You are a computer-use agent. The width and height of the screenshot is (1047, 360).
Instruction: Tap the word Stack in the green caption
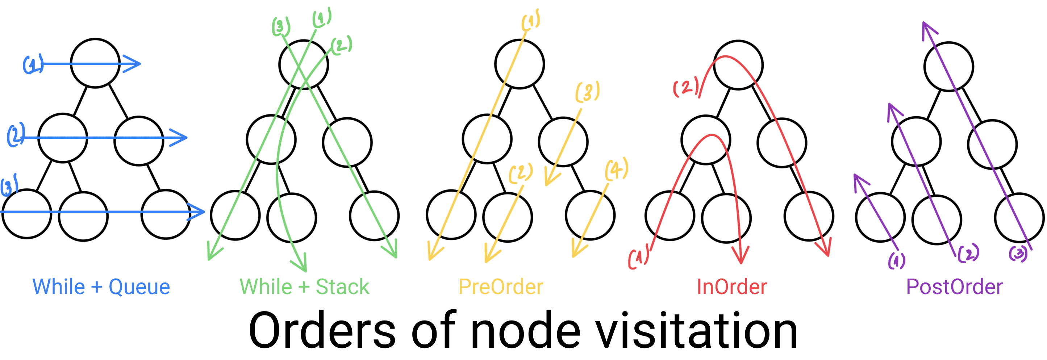pyautogui.click(x=342, y=287)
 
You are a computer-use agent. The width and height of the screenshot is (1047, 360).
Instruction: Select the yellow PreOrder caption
pyautogui.click(x=500, y=287)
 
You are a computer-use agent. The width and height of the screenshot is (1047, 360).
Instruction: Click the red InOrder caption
pyautogui.click(x=731, y=287)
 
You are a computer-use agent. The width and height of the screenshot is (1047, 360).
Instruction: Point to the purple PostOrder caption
pyautogui.click(x=954, y=287)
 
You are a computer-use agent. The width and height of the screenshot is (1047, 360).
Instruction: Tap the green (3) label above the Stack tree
pyautogui.click(x=281, y=27)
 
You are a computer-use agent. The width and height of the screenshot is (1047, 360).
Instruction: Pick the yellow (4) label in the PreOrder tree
pyautogui.click(x=617, y=170)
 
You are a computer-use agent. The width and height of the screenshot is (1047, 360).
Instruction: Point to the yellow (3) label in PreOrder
pyautogui.click(x=587, y=92)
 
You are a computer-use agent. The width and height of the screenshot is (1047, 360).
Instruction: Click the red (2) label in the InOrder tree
pyautogui.click(x=686, y=87)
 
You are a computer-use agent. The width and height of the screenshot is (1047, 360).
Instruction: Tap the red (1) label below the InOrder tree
pyautogui.click(x=638, y=259)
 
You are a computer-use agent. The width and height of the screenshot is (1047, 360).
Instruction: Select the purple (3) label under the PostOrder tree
pyautogui.click(x=1018, y=254)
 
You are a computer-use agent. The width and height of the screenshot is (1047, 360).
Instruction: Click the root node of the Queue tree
pyautogui.click(x=95, y=63)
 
